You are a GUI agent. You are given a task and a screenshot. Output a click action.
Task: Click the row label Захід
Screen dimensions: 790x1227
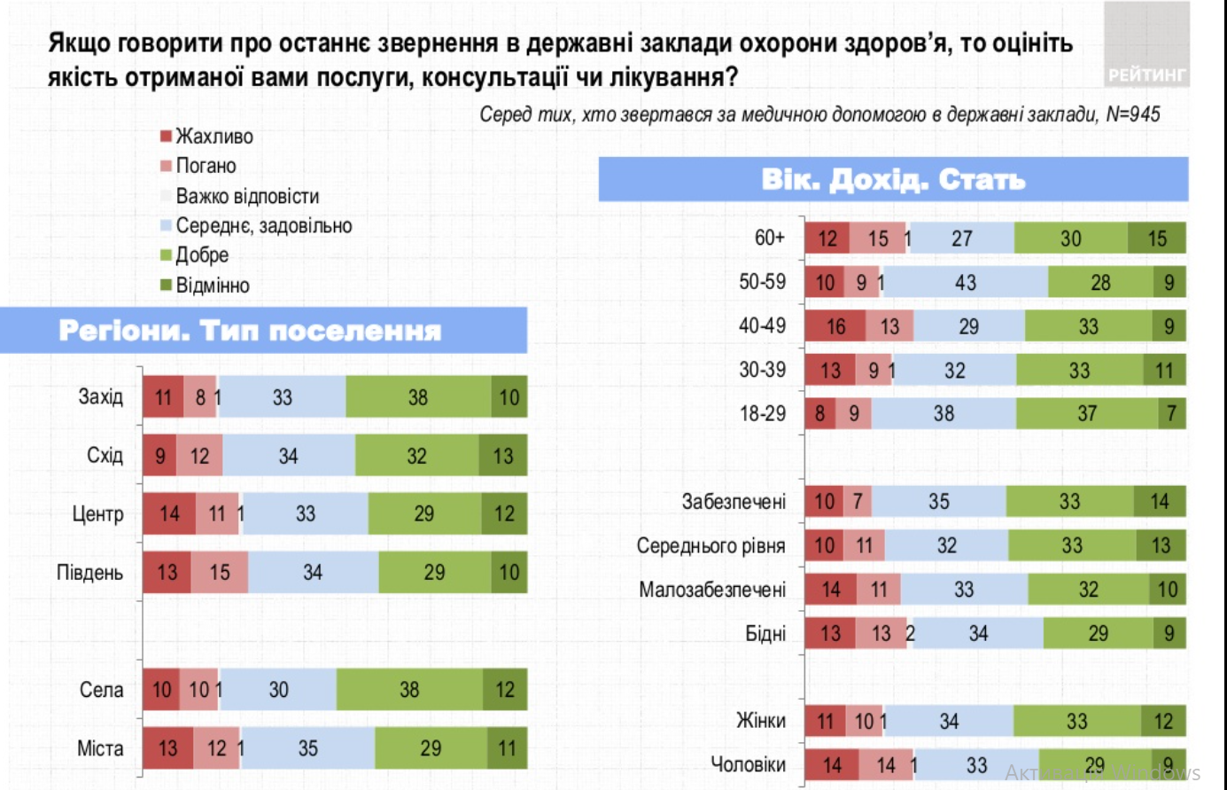(x=100, y=396)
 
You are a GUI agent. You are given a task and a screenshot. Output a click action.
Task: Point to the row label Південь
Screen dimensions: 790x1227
(x=89, y=573)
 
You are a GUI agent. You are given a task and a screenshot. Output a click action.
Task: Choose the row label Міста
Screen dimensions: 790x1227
(x=100, y=748)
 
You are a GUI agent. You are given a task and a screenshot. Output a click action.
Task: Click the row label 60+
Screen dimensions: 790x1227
(x=769, y=238)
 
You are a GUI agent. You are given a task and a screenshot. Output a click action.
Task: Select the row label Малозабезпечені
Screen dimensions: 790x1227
(x=712, y=590)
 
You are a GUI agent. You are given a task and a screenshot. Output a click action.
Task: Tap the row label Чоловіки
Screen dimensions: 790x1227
(x=748, y=764)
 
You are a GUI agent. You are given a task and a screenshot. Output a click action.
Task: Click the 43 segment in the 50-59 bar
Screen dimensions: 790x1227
(x=966, y=283)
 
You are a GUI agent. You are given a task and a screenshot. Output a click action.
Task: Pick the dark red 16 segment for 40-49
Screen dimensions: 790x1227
(x=835, y=326)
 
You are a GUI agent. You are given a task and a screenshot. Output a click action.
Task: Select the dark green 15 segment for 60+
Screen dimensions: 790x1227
(x=1156, y=239)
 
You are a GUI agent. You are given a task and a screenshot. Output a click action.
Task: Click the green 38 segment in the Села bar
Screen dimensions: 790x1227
(x=409, y=690)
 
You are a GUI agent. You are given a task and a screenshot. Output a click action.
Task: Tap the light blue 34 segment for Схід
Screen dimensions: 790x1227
(x=289, y=456)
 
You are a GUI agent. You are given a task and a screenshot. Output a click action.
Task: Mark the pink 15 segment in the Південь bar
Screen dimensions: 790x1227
(x=220, y=573)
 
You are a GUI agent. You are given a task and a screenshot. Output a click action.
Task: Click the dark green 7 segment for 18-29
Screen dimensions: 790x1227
(x=1171, y=414)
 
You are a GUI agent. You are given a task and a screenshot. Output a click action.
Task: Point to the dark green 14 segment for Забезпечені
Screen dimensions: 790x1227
(x=1159, y=502)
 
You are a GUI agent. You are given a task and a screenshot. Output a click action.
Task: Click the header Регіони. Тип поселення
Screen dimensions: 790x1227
(x=250, y=331)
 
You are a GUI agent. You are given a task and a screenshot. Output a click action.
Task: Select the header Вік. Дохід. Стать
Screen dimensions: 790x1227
(x=893, y=180)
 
